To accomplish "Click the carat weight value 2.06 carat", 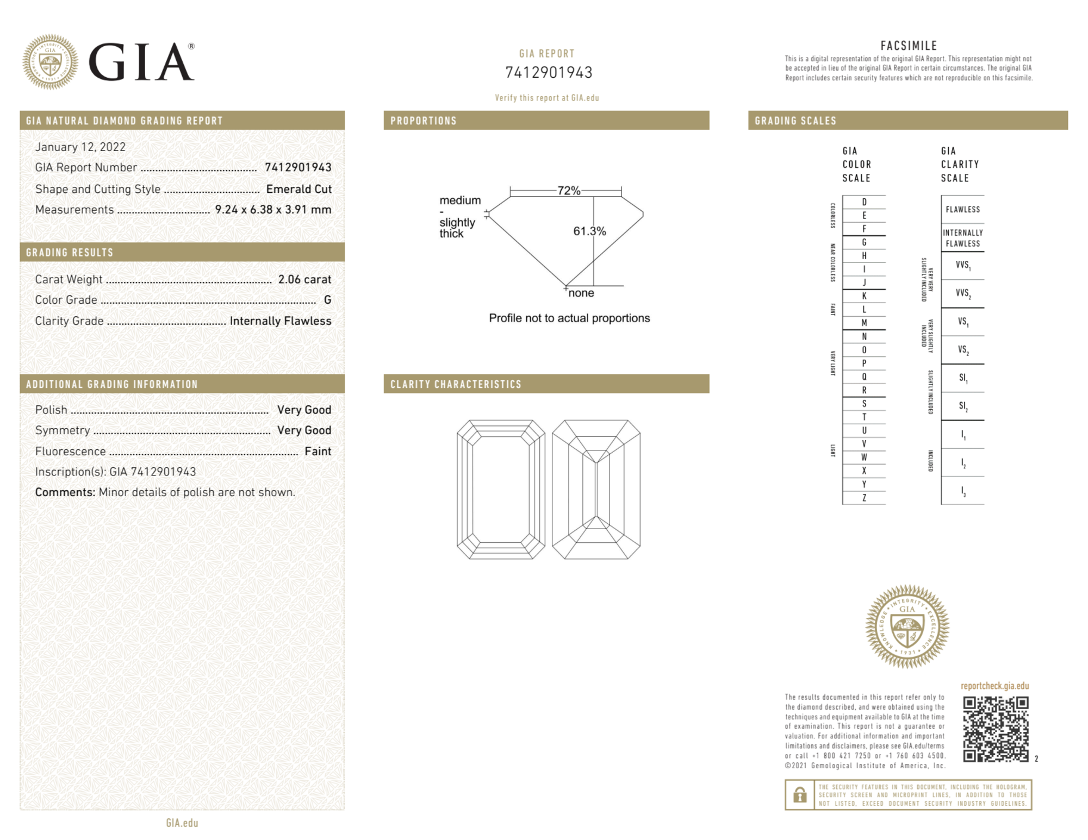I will point(304,279).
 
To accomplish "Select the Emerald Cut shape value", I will point(299,189).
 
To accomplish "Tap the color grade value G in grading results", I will point(327,300).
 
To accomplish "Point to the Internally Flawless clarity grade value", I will point(280,321).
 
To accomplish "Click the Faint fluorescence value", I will point(318,451).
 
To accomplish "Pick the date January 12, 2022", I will point(80,147).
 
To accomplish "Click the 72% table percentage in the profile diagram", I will point(569,191).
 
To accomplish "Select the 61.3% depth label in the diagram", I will point(589,231).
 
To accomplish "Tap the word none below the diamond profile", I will point(581,293).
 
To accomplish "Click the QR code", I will point(996,729).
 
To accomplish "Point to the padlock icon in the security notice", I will point(799,795).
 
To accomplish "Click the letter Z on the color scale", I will point(864,498).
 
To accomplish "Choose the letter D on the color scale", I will point(864,202).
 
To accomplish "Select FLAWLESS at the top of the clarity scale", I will point(962,209).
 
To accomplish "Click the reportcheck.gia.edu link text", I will point(994,686).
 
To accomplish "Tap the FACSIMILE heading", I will point(909,46).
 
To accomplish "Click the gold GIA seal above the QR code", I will point(907,626).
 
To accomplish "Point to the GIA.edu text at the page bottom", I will point(182,823).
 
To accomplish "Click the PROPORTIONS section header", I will point(424,121).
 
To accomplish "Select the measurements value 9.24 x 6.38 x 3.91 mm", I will point(273,210).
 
